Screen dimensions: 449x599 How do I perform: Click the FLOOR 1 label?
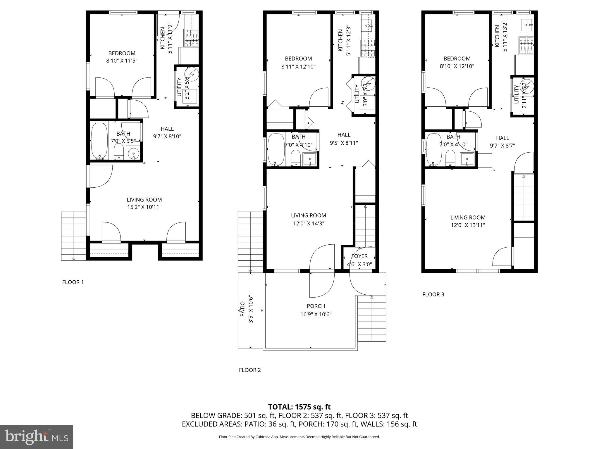[73, 282]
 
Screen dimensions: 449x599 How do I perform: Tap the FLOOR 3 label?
[433, 294]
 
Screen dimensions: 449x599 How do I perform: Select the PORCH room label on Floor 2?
[316, 306]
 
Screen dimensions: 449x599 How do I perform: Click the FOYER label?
[359, 256]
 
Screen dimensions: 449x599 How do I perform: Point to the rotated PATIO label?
[242, 309]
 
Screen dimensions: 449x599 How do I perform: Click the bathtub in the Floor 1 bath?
[99, 141]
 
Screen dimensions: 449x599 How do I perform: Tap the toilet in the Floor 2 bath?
[296, 158]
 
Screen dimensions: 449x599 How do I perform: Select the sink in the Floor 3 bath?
[467, 159]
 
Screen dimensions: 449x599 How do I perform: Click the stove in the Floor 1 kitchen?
[191, 38]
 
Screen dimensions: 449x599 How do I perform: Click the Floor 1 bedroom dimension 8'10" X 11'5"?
[122, 61]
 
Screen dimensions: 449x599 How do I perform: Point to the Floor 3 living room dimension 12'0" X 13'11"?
[468, 225]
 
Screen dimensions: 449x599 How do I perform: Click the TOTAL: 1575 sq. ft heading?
[299, 407]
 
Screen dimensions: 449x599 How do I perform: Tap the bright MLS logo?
[37, 437]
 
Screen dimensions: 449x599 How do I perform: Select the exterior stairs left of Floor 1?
[73, 236]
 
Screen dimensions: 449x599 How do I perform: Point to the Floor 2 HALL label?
[344, 135]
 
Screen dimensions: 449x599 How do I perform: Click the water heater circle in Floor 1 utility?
[192, 74]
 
